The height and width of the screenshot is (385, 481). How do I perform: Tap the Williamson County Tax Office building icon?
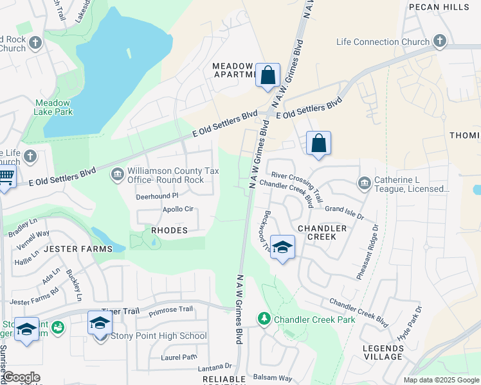click(x=118, y=173)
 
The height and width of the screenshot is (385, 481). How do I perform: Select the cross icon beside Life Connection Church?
click(x=440, y=42)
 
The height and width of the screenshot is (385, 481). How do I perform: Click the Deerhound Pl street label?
click(x=157, y=196)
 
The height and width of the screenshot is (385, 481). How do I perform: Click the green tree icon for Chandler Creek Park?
click(x=264, y=318)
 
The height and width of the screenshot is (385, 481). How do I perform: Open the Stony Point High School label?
click(x=159, y=336)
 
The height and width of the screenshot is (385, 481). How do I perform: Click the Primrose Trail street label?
click(x=170, y=309)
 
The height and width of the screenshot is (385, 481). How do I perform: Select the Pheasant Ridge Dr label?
click(x=366, y=252)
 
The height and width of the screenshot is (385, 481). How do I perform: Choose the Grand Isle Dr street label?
click(x=344, y=209)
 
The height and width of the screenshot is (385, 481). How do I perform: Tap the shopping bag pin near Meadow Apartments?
click(x=268, y=75)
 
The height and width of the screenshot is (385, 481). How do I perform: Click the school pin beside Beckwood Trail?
click(x=282, y=248)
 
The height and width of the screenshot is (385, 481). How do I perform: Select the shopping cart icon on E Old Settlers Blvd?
click(x=6, y=176)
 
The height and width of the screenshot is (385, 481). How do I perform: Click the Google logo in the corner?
click(x=21, y=377)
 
